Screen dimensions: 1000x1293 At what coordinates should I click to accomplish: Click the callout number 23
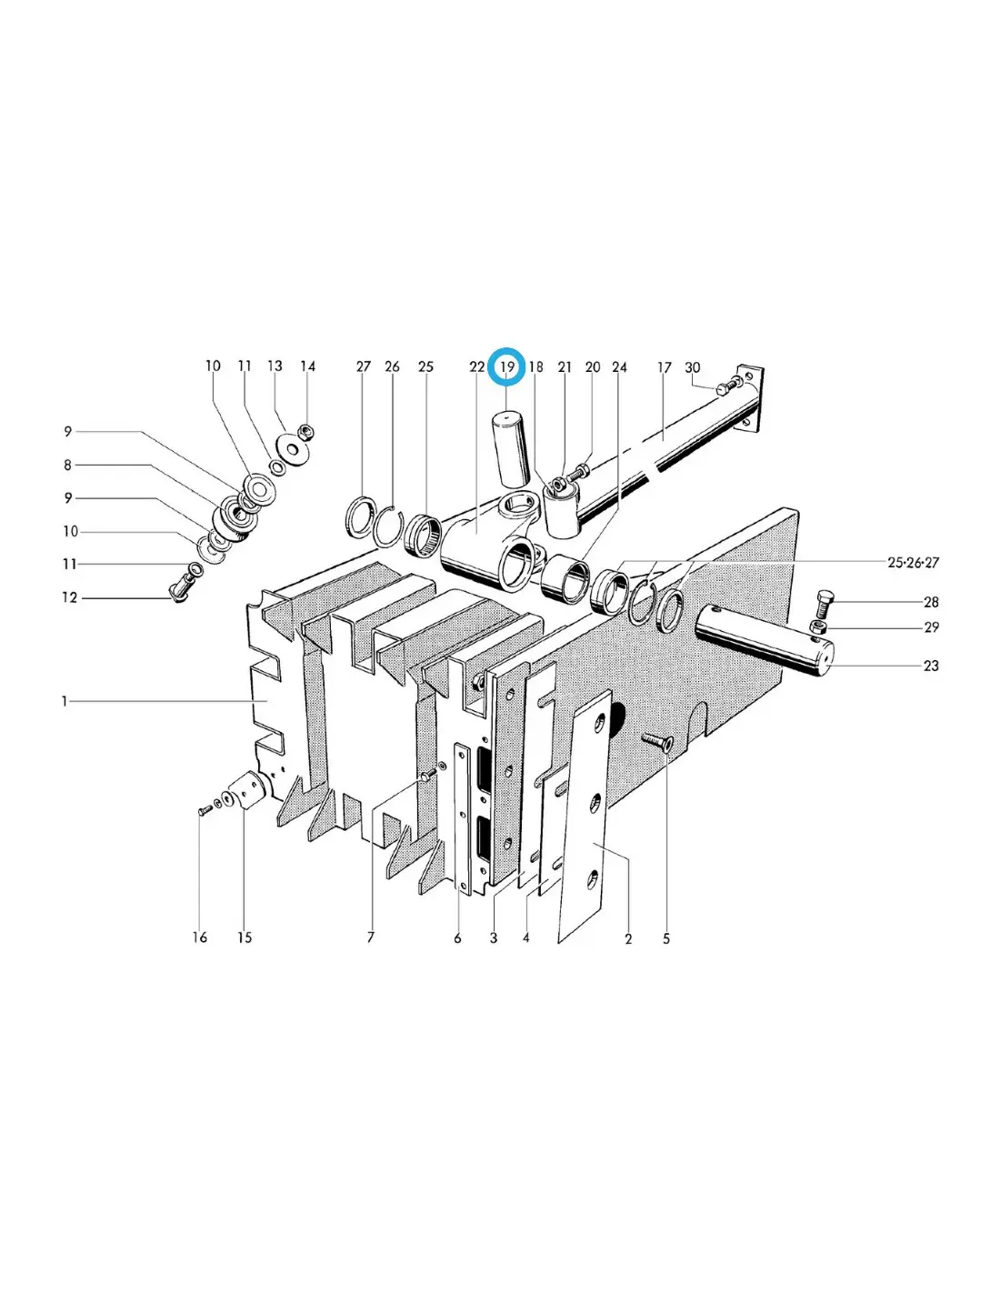(x=930, y=666)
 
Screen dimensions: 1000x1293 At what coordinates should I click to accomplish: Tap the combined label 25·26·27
(x=913, y=562)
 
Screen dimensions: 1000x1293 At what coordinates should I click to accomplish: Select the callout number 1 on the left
(x=65, y=702)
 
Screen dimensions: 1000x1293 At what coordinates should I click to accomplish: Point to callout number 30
(x=693, y=367)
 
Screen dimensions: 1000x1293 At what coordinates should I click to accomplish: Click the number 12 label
(x=70, y=597)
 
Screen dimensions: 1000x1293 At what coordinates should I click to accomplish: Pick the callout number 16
(x=199, y=937)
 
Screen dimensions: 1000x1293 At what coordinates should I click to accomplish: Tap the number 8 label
(x=68, y=465)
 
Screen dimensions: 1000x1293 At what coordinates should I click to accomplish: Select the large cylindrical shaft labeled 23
(x=765, y=641)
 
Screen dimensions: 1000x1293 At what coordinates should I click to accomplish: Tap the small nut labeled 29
(x=818, y=626)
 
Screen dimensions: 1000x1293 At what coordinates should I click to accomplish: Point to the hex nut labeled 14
(x=303, y=431)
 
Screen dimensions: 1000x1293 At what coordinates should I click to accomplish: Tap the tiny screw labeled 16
(x=204, y=809)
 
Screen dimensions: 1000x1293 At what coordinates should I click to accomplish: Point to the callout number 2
(x=628, y=939)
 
